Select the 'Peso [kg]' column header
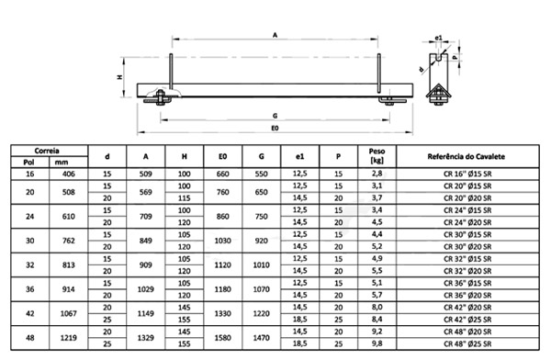377,155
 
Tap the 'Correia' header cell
47,150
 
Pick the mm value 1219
67,337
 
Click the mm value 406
67,173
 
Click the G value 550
261,173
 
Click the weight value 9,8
377,343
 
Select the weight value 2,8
377,173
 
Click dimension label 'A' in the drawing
274,34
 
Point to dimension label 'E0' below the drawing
275,129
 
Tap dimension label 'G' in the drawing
275,116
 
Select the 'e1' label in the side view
439,39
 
